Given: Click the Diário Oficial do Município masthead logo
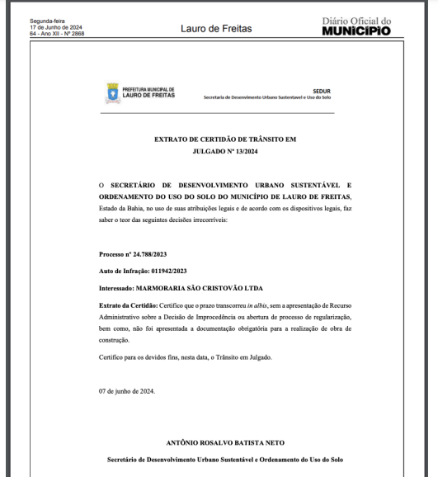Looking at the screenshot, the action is pos(356,27).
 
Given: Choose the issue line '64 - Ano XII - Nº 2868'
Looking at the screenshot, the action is pos(56,34).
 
